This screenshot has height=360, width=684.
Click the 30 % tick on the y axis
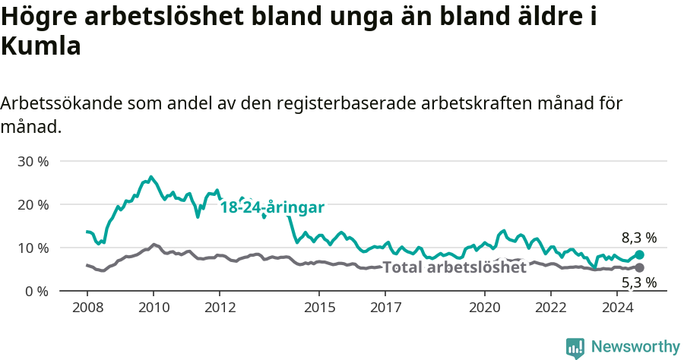[32, 162]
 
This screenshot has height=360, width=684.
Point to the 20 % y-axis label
[32, 205]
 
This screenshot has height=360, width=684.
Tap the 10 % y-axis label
[32, 248]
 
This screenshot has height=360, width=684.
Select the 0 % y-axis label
[35, 291]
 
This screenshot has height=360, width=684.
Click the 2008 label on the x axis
[87, 308]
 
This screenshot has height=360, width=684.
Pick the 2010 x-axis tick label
[153, 308]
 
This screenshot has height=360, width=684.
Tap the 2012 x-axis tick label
[220, 308]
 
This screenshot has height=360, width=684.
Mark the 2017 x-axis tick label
[385, 308]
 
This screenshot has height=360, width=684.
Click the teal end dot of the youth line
[639, 255]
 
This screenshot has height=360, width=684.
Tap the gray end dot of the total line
[639, 268]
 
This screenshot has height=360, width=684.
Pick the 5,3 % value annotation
[639, 283]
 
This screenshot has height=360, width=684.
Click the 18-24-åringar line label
[272, 207]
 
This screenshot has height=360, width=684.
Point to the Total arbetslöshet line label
[454, 267]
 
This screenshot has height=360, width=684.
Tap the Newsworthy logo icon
[575, 347]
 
